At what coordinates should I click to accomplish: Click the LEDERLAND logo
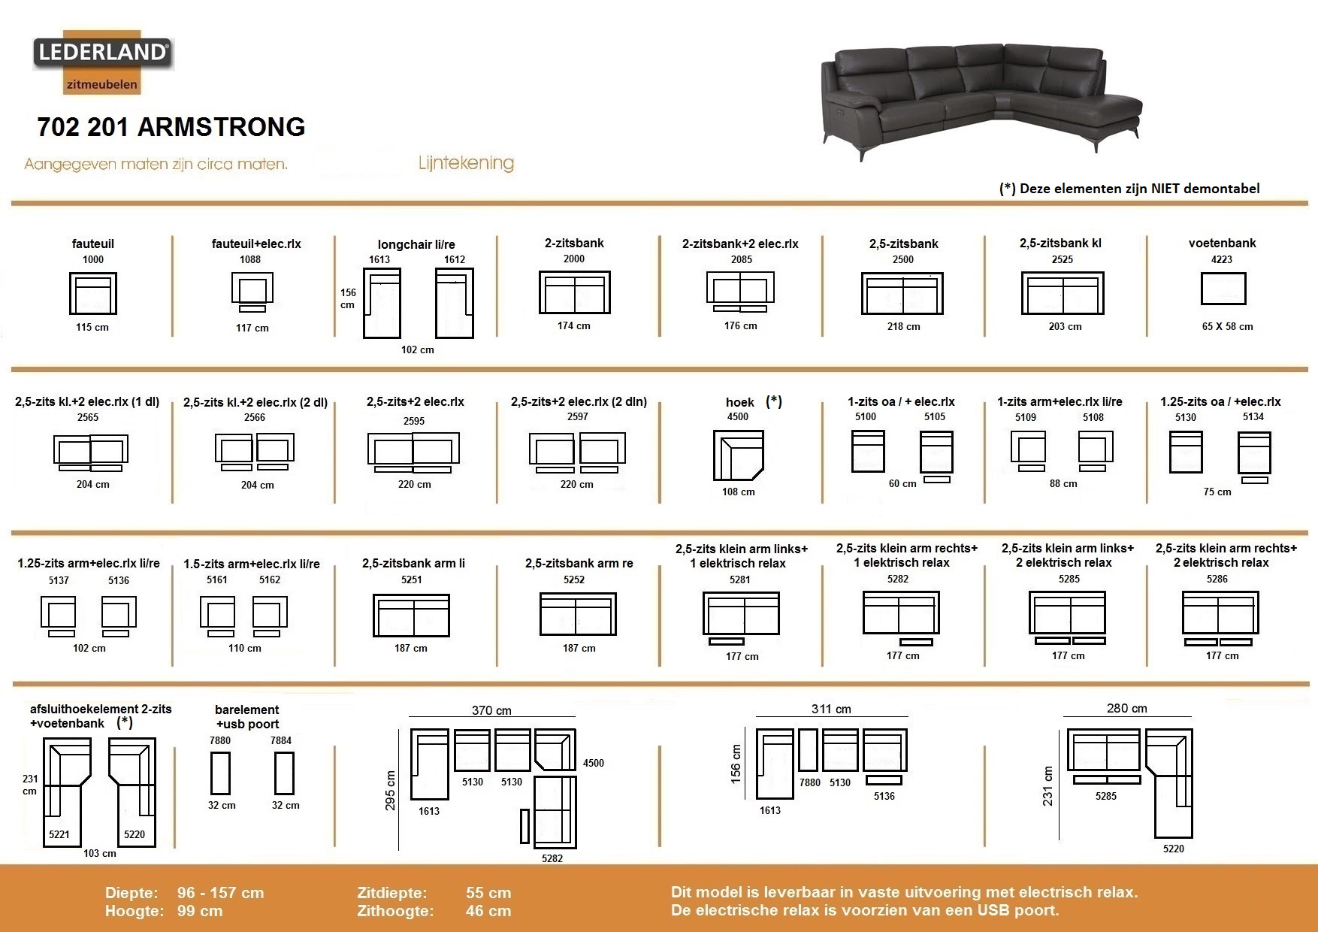(x=102, y=62)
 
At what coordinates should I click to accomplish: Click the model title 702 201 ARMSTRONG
(x=171, y=127)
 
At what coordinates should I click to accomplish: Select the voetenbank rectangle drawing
(x=1223, y=289)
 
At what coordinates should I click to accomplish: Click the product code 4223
(x=1222, y=259)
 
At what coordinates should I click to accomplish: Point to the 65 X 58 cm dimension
(x=1227, y=326)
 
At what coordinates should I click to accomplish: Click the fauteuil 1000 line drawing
(x=93, y=293)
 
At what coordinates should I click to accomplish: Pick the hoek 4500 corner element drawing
(x=738, y=455)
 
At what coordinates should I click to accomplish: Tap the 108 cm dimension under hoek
(x=738, y=492)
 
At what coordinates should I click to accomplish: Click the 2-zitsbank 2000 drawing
(x=575, y=292)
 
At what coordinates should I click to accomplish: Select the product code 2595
(x=414, y=421)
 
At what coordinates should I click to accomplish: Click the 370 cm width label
(x=491, y=710)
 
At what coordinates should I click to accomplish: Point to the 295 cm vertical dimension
(x=391, y=790)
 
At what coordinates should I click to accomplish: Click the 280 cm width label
(x=1127, y=708)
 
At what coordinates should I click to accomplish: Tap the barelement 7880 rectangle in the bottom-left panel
(x=220, y=773)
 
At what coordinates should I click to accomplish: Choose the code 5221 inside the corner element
(x=59, y=834)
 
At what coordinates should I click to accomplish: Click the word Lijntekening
(x=466, y=163)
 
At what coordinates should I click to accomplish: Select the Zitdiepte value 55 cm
(x=488, y=893)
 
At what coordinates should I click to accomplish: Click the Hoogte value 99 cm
(x=200, y=911)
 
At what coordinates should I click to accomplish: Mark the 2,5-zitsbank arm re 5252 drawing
(x=578, y=614)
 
